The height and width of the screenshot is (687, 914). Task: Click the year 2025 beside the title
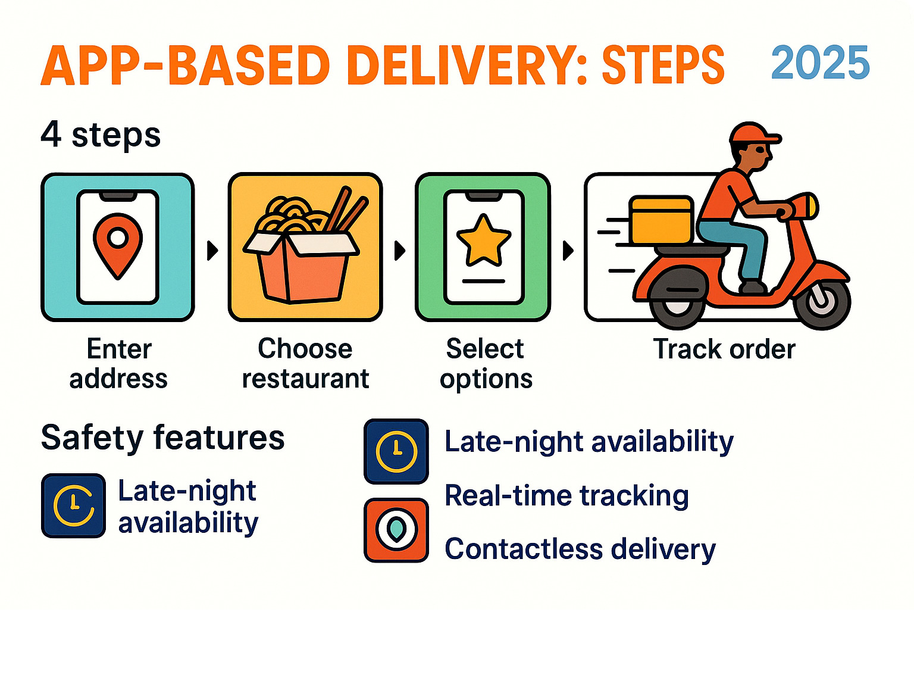click(x=820, y=63)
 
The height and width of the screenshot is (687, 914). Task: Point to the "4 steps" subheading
click(x=101, y=135)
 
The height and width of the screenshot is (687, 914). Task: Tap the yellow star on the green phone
click(x=483, y=241)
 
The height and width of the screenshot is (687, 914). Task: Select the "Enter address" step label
click(x=118, y=363)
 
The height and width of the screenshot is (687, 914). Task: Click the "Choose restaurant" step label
click(x=305, y=363)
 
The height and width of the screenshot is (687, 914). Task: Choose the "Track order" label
click(x=724, y=349)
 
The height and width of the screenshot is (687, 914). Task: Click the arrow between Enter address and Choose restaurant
click(x=212, y=250)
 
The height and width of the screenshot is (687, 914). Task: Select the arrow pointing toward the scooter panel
click(x=568, y=250)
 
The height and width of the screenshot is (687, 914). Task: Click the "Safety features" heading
click(x=162, y=438)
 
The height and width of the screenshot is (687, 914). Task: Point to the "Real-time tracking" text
click(x=566, y=495)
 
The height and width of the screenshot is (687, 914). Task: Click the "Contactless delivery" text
click(x=580, y=549)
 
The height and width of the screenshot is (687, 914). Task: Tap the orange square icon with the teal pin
click(x=396, y=530)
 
